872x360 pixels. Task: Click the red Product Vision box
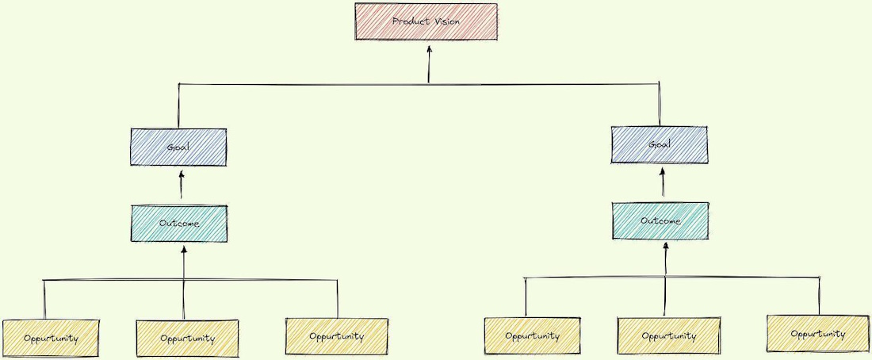click(x=426, y=21)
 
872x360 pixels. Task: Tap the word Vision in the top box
click(x=447, y=21)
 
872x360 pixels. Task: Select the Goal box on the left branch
click(x=178, y=147)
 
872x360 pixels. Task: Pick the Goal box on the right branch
click(x=660, y=144)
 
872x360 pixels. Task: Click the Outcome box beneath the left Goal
click(x=179, y=224)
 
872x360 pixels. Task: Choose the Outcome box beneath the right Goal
click(x=660, y=220)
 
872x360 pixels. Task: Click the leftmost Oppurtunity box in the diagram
click(x=51, y=339)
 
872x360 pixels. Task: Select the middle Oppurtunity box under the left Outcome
click(x=187, y=339)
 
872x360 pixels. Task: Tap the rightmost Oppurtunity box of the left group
click(x=336, y=336)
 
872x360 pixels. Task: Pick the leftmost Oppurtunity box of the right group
click(x=532, y=336)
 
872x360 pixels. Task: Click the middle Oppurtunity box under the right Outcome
click(x=668, y=335)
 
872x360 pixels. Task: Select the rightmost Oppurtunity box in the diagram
click(x=817, y=334)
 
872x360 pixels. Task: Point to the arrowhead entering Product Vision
click(x=429, y=49)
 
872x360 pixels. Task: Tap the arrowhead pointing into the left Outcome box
click(x=184, y=251)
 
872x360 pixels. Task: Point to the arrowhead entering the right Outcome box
click(x=666, y=247)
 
